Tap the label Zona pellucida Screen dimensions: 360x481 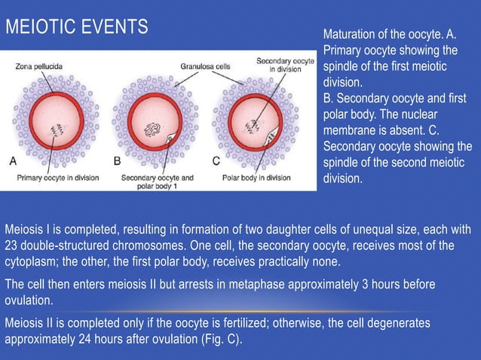point(38,66)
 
